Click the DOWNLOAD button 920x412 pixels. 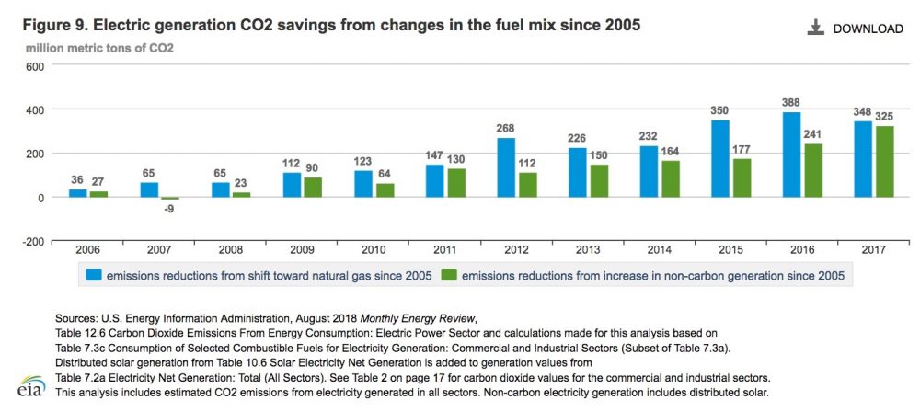855,29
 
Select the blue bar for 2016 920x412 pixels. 765,154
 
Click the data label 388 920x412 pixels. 765,103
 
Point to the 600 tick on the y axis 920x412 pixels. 35,66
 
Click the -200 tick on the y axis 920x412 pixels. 33,241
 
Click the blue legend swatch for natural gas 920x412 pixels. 94,274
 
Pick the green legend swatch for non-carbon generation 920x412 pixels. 449,274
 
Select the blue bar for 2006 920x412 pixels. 78,192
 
